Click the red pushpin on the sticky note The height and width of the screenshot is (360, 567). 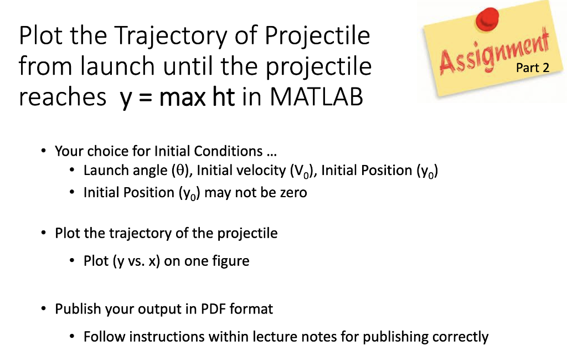pyautogui.click(x=487, y=19)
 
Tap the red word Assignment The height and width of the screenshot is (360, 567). pyautogui.click(x=494, y=52)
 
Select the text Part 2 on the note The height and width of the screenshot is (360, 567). pyautogui.click(x=532, y=68)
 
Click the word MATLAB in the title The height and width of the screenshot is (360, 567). pyautogui.click(x=316, y=96)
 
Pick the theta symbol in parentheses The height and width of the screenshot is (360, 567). pyautogui.click(x=180, y=171)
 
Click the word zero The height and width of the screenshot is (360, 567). pyautogui.click(x=293, y=193)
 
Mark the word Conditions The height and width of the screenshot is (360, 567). pyautogui.click(x=228, y=151)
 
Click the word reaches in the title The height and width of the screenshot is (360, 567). pyautogui.click(x=62, y=97)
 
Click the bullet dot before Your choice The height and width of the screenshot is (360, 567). pyautogui.click(x=43, y=150)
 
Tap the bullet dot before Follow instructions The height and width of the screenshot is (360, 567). pyautogui.click(x=72, y=337)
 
